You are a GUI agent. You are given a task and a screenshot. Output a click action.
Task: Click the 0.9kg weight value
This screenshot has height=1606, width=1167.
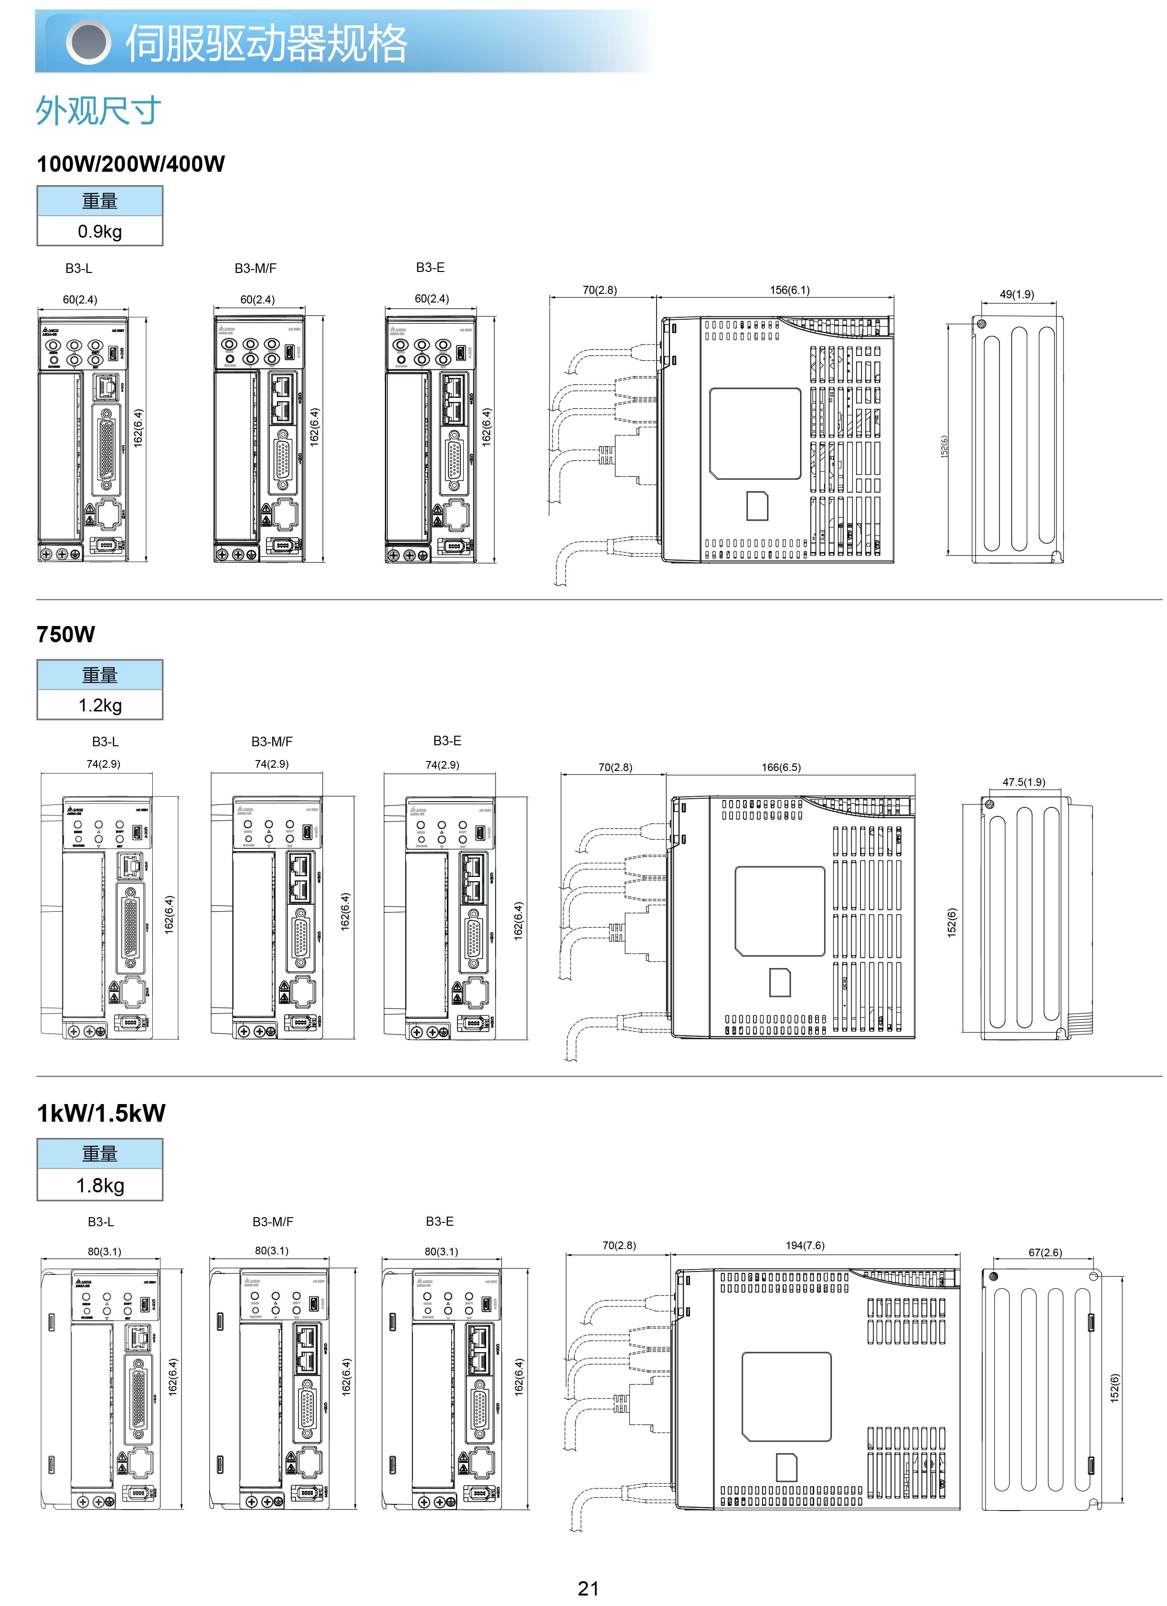point(100,231)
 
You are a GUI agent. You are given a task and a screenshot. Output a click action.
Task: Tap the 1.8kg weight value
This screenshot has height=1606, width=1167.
point(100,1185)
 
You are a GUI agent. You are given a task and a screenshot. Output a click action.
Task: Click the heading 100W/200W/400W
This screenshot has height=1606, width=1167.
point(130,164)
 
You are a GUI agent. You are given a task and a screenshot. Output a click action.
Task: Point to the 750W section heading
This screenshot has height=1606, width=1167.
point(66,635)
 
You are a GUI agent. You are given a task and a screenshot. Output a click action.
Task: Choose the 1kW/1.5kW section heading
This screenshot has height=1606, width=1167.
point(101,1113)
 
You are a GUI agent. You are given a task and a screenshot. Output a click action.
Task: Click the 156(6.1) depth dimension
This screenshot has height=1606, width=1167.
point(789,290)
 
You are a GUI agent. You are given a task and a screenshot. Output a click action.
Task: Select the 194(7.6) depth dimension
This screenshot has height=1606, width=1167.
point(805,1245)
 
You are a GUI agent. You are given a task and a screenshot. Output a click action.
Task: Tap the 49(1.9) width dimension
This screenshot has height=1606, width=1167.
point(1016,294)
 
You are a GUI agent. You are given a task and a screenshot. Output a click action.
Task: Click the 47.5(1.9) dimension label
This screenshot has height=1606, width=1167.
point(1023,782)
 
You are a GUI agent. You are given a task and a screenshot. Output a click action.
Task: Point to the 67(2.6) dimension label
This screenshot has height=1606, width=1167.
point(1045,1252)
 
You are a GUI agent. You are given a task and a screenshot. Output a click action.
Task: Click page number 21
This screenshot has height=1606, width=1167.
point(588,1588)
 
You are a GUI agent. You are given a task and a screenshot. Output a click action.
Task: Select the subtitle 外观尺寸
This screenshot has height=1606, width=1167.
point(98,111)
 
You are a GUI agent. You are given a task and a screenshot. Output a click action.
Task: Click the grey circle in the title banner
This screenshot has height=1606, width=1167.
point(88,42)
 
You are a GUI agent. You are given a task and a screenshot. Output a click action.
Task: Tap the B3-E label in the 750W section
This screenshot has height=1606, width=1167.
point(447,740)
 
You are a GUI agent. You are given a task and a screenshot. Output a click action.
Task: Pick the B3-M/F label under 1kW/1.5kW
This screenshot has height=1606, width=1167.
point(273,1221)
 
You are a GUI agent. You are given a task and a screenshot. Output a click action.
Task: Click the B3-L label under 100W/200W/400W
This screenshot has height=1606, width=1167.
point(79,268)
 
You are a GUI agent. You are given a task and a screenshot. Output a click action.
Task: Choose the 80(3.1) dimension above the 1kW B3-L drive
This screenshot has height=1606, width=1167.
point(104,1251)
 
